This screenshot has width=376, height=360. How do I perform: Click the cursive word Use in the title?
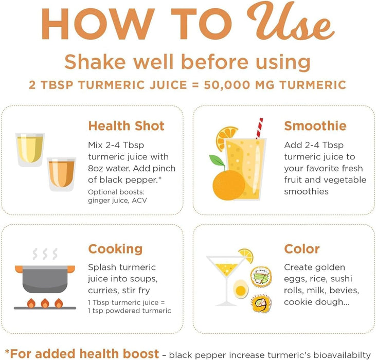click(x=290, y=22)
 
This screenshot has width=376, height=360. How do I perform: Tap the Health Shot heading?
click(x=126, y=126)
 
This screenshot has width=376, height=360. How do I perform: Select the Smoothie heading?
click(x=315, y=126)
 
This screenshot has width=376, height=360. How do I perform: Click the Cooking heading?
click(x=115, y=249)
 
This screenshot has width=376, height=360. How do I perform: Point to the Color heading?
click(x=301, y=249)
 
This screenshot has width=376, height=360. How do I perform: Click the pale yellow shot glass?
click(x=30, y=149)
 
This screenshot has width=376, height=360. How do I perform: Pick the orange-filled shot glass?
click(x=61, y=174)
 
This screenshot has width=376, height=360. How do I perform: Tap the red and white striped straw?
click(x=259, y=128)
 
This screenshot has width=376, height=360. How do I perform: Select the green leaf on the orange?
click(x=217, y=160)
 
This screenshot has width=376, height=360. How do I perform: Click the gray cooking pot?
click(x=45, y=279)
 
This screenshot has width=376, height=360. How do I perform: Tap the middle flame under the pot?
click(x=45, y=303)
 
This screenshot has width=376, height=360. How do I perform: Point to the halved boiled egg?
click(x=241, y=290)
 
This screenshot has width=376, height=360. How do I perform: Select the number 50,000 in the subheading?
click(x=227, y=85)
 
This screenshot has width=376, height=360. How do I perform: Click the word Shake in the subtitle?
click(x=95, y=62)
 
